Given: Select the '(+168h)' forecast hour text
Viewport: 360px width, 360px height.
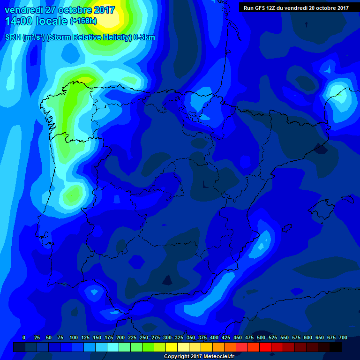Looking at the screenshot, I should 83,22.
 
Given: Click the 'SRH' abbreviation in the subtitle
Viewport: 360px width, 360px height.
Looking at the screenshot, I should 13,37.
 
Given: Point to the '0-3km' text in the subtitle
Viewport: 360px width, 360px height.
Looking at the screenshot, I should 143,37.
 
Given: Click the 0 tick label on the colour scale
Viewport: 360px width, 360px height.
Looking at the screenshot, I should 24,337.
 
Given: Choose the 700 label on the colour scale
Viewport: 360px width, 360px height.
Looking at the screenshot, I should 343,337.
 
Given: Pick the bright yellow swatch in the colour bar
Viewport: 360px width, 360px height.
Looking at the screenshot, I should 172,347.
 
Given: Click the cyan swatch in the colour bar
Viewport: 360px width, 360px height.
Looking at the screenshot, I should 113,347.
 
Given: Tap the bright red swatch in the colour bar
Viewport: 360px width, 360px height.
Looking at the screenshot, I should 265,347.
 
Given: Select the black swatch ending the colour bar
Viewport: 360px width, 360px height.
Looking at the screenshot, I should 336,347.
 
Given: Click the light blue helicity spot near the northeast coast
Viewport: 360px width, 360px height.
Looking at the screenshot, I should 338,96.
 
